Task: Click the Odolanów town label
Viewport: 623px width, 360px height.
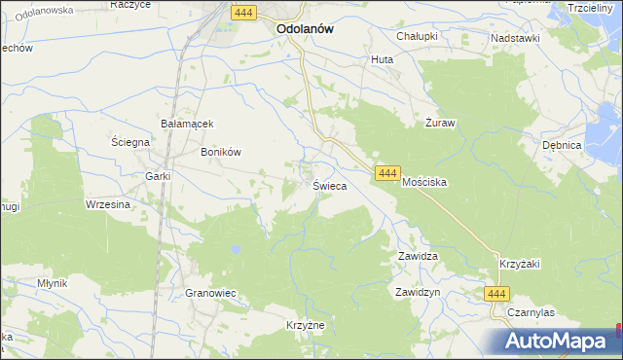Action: tap(305, 29)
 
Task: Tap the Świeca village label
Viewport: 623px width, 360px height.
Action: tap(328, 185)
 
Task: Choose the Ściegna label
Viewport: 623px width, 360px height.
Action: tap(129, 142)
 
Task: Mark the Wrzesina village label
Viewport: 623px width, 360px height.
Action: tap(108, 204)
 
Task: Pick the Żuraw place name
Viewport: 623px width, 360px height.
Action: tap(441, 124)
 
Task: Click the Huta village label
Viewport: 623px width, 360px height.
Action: tap(381, 59)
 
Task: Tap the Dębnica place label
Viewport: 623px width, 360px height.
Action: tap(562, 145)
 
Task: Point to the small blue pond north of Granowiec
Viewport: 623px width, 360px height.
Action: tap(236, 250)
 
